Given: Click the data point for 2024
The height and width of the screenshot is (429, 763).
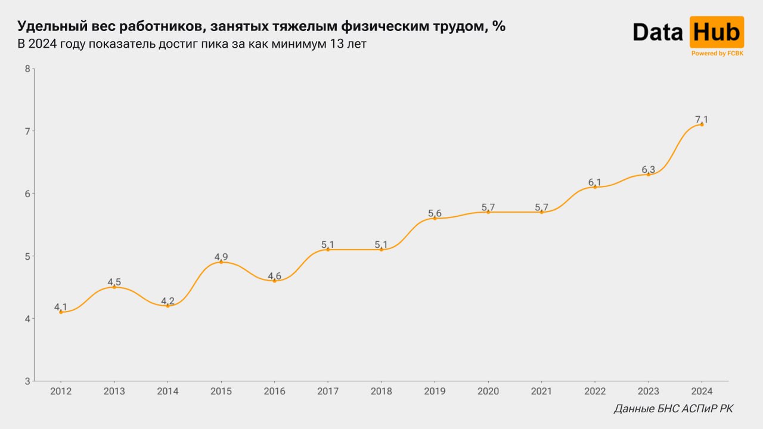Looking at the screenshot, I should (702, 125).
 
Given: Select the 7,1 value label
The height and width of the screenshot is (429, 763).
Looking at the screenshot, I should (702, 120).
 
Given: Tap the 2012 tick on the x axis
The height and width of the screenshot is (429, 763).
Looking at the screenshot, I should (61, 391).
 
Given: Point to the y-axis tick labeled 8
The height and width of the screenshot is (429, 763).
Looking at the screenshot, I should (27, 69).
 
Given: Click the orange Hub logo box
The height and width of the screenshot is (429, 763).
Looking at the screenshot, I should (717, 32).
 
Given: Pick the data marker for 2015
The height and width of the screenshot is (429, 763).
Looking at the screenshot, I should (221, 262).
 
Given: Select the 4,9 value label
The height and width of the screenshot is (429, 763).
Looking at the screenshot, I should (221, 257).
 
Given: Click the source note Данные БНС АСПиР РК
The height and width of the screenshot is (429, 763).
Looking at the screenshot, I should (674, 409).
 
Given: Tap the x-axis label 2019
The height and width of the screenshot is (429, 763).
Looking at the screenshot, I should (435, 391).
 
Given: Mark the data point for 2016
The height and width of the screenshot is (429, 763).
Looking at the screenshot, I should (274, 281).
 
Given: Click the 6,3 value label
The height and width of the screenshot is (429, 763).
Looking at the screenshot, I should (648, 170).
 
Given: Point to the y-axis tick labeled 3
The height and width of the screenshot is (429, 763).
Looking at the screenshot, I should (27, 381).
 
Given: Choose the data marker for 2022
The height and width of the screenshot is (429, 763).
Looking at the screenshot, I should (595, 186).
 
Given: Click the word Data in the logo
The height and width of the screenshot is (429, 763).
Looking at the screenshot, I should (657, 32).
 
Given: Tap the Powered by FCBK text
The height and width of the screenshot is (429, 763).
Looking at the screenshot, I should (717, 54).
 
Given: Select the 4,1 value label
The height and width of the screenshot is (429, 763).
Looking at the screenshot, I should (61, 307).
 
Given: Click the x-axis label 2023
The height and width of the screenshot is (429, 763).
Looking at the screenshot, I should (648, 391).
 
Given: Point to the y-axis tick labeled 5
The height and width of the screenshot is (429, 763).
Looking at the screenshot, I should (27, 256).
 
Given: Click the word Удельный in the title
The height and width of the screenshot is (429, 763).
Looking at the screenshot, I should (53, 26).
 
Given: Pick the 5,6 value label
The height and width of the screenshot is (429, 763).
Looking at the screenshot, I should (435, 213).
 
